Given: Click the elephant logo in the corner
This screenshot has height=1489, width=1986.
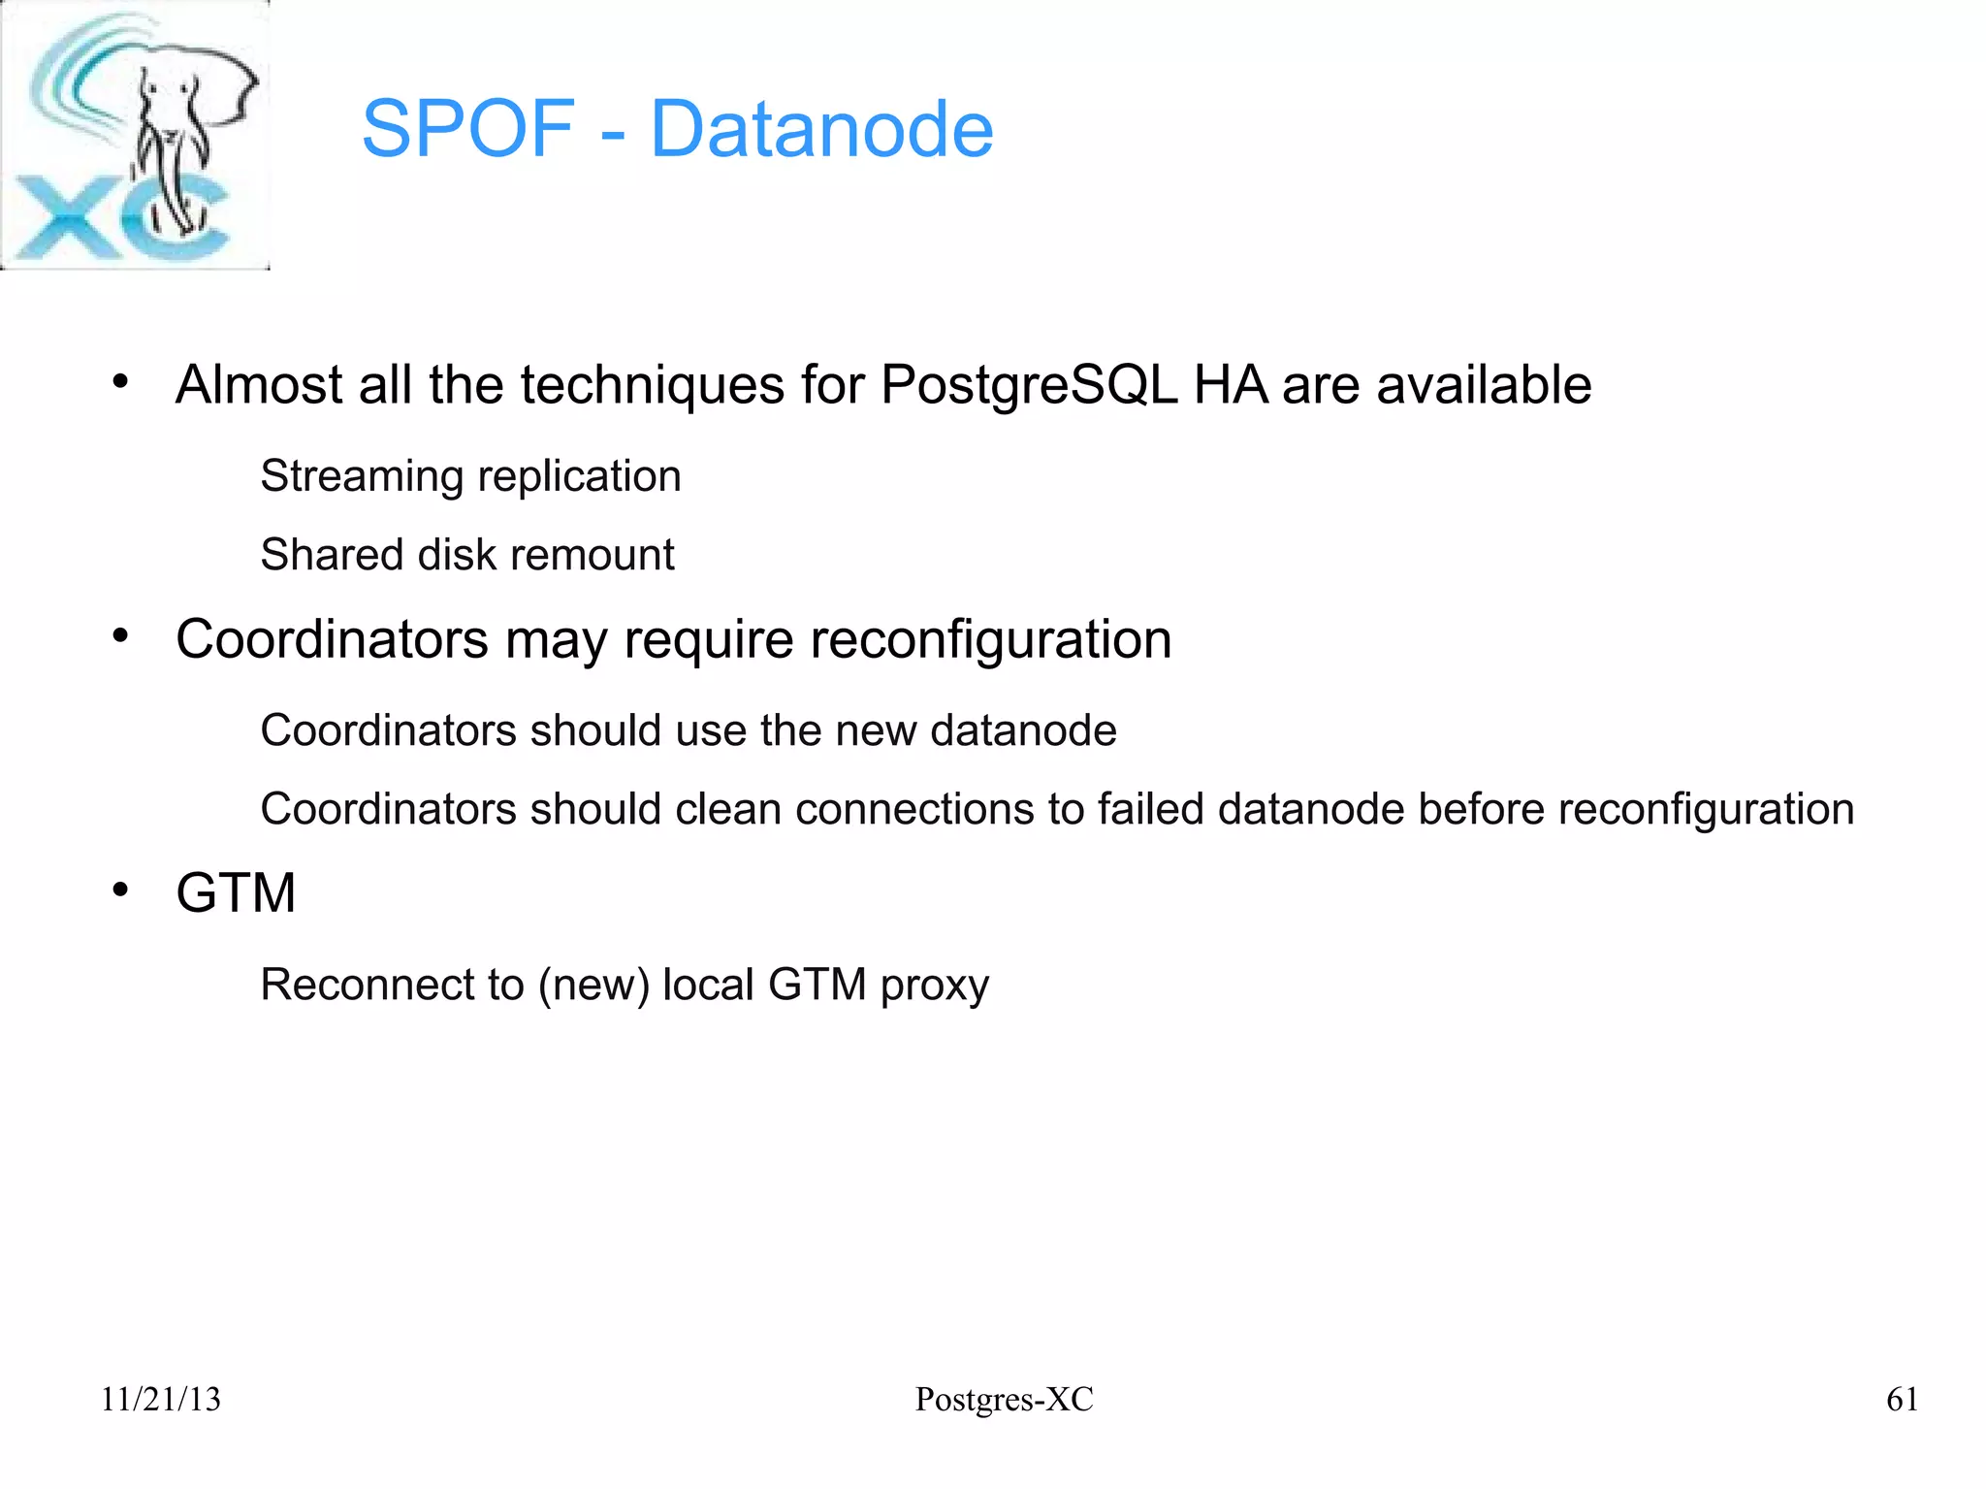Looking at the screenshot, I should click(x=136, y=136).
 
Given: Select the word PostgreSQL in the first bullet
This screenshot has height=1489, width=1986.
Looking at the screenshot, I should click(x=1028, y=385).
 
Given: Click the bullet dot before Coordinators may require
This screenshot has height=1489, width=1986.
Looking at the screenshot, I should click(x=120, y=636).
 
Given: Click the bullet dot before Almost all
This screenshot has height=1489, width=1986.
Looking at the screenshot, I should click(x=120, y=381).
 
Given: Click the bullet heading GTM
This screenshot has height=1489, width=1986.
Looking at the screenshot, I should click(x=236, y=892).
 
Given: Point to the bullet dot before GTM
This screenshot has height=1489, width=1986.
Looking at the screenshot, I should click(x=120, y=890).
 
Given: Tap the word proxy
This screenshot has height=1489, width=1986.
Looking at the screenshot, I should click(x=935, y=987).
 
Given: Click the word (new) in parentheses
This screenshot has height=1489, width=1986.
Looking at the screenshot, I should click(x=593, y=986).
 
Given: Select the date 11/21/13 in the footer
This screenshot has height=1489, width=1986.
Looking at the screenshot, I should click(x=161, y=1399).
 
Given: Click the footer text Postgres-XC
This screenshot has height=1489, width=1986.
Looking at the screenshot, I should click(x=1004, y=1399).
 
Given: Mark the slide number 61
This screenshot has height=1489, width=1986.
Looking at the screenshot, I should click(x=1902, y=1399).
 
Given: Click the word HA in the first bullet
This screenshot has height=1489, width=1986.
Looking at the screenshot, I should click(x=1230, y=385).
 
